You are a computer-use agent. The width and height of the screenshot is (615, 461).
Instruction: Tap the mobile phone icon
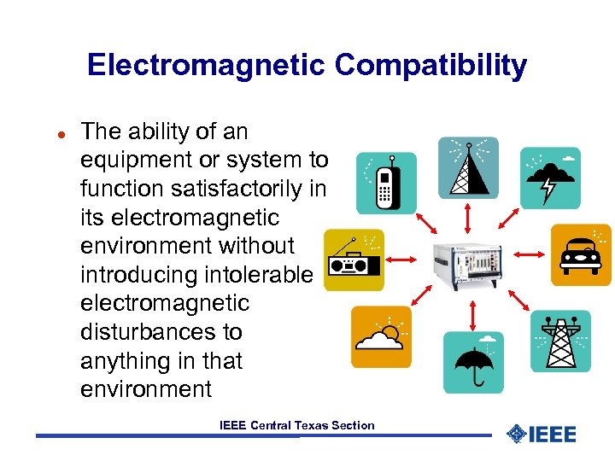385,183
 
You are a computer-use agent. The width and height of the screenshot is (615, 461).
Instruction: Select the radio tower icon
468,167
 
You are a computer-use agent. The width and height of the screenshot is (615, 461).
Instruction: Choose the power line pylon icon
560,341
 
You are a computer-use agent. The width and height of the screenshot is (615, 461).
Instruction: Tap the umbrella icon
473,361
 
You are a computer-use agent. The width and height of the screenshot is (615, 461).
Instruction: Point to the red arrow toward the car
530,254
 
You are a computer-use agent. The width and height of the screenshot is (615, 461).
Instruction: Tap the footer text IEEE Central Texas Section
296,425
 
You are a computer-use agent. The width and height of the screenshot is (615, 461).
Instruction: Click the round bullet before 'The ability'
61,134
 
